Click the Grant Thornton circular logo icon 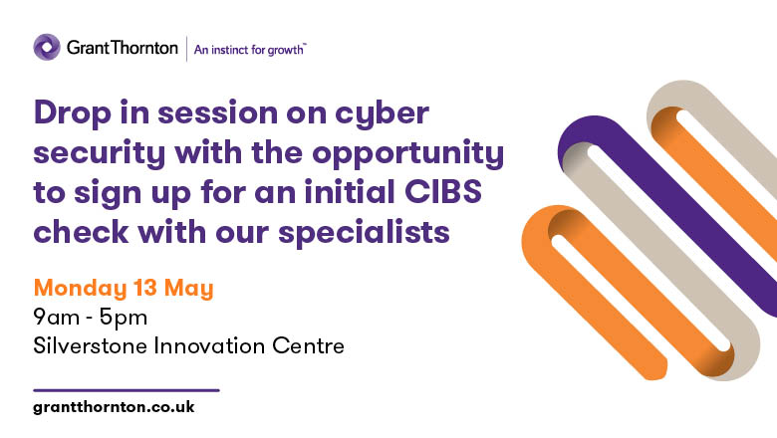[x=47, y=47]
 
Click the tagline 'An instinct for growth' [x=250, y=48]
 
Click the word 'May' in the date [x=192, y=289]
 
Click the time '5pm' [x=128, y=319]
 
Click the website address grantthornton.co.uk [x=114, y=408]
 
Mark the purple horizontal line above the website [x=126, y=389]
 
